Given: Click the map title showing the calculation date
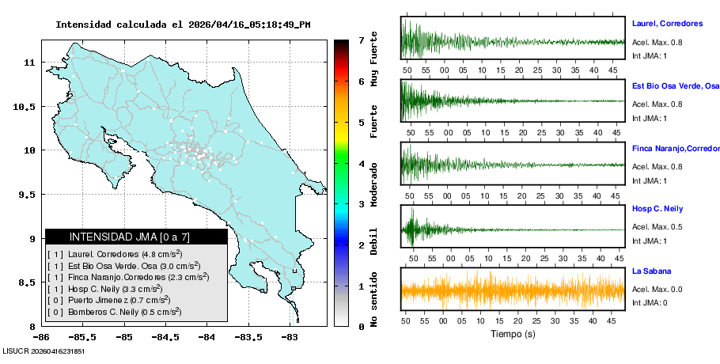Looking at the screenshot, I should click(183, 24).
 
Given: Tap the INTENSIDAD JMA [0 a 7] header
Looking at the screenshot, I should click(136, 237).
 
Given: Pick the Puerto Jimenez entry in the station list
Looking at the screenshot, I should click(108, 301).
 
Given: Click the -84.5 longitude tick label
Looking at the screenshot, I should click(165, 337).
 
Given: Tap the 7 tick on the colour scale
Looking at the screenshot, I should click(361, 40).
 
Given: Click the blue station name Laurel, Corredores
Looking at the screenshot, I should click(667, 24).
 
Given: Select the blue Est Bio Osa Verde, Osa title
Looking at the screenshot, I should click(675, 85).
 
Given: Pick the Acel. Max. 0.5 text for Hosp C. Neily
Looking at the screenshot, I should click(657, 227).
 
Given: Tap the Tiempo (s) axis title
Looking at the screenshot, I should click(513, 334).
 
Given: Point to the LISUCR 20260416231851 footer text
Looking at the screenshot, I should click(44, 351).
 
